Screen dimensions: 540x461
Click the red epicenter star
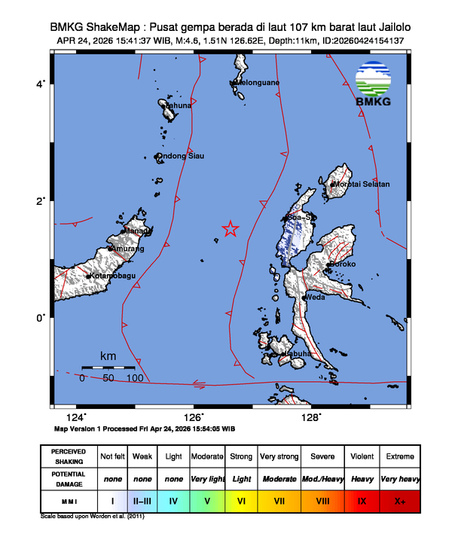[x=230, y=229]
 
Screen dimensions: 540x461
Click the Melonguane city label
[x=259, y=83]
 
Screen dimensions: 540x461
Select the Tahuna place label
[x=179, y=106]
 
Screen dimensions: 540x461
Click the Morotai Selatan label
[x=362, y=185]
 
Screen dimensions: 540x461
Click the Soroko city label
[x=343, y=265]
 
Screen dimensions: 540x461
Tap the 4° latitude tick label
[x=42, y=84]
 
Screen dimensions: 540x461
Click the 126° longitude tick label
[x=194, y=417]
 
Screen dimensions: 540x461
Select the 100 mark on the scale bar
[x=136, y=378]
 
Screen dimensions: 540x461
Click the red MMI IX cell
[x=361, y=500]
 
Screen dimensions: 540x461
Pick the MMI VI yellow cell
[x=242, y=500]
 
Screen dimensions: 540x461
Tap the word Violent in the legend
[x=361, y=456]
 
